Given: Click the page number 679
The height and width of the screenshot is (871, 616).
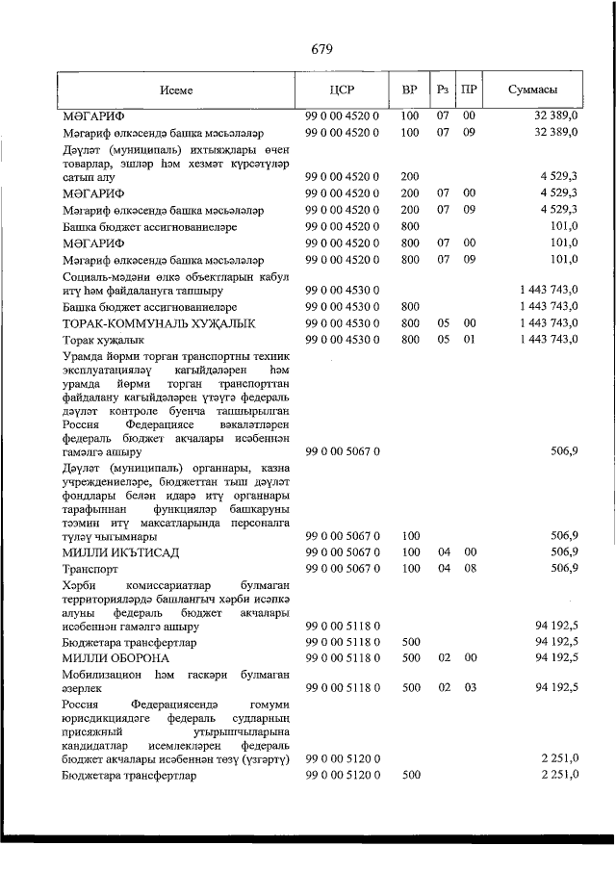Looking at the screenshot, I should (321, 49).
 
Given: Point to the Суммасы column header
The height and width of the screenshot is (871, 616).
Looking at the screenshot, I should (532, 90).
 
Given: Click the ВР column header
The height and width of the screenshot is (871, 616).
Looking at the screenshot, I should (409, 90).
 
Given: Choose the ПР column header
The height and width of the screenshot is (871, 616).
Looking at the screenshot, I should (469, 90).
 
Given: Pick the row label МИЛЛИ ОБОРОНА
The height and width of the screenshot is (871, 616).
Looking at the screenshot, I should (115, 657).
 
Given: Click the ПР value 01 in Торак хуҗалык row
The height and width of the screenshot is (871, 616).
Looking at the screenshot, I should (469, 340).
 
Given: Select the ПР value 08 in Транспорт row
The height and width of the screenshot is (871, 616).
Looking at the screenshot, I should (469, 569).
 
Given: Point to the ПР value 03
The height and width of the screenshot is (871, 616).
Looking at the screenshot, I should (469, 688).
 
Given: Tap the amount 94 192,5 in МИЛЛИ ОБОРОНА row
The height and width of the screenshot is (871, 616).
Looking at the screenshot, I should (552, 657).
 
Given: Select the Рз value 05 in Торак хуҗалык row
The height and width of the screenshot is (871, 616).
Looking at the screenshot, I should (443, 340).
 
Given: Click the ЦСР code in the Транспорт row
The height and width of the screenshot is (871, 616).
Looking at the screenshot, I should (343, 569).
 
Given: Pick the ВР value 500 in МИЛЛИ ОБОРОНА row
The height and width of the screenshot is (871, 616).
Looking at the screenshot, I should (409, 657).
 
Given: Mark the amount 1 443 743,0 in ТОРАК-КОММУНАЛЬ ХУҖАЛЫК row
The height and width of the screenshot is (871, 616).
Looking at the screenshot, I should (547, 323).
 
